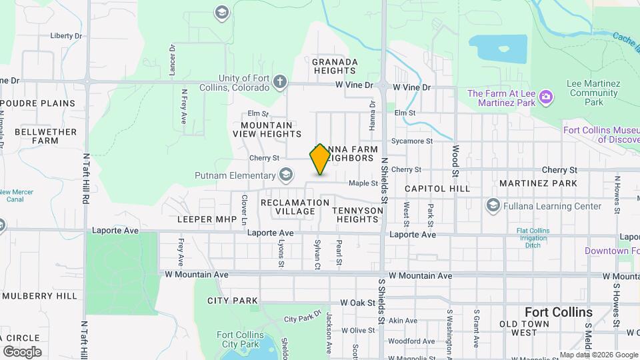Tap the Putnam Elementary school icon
point(286,175)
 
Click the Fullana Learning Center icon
point(493,205)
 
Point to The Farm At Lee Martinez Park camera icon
point(546,98)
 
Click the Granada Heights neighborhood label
point(335,66)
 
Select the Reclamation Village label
point(295,207)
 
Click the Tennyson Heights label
point(358,215)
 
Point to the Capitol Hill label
point(437,189)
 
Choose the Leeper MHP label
point(204,219)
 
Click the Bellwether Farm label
point(37,136)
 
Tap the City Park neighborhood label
point(233,301)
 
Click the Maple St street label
point(363,183)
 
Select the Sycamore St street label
point(412,141)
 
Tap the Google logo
point(22,351)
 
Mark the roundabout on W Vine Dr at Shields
point(383,85)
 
